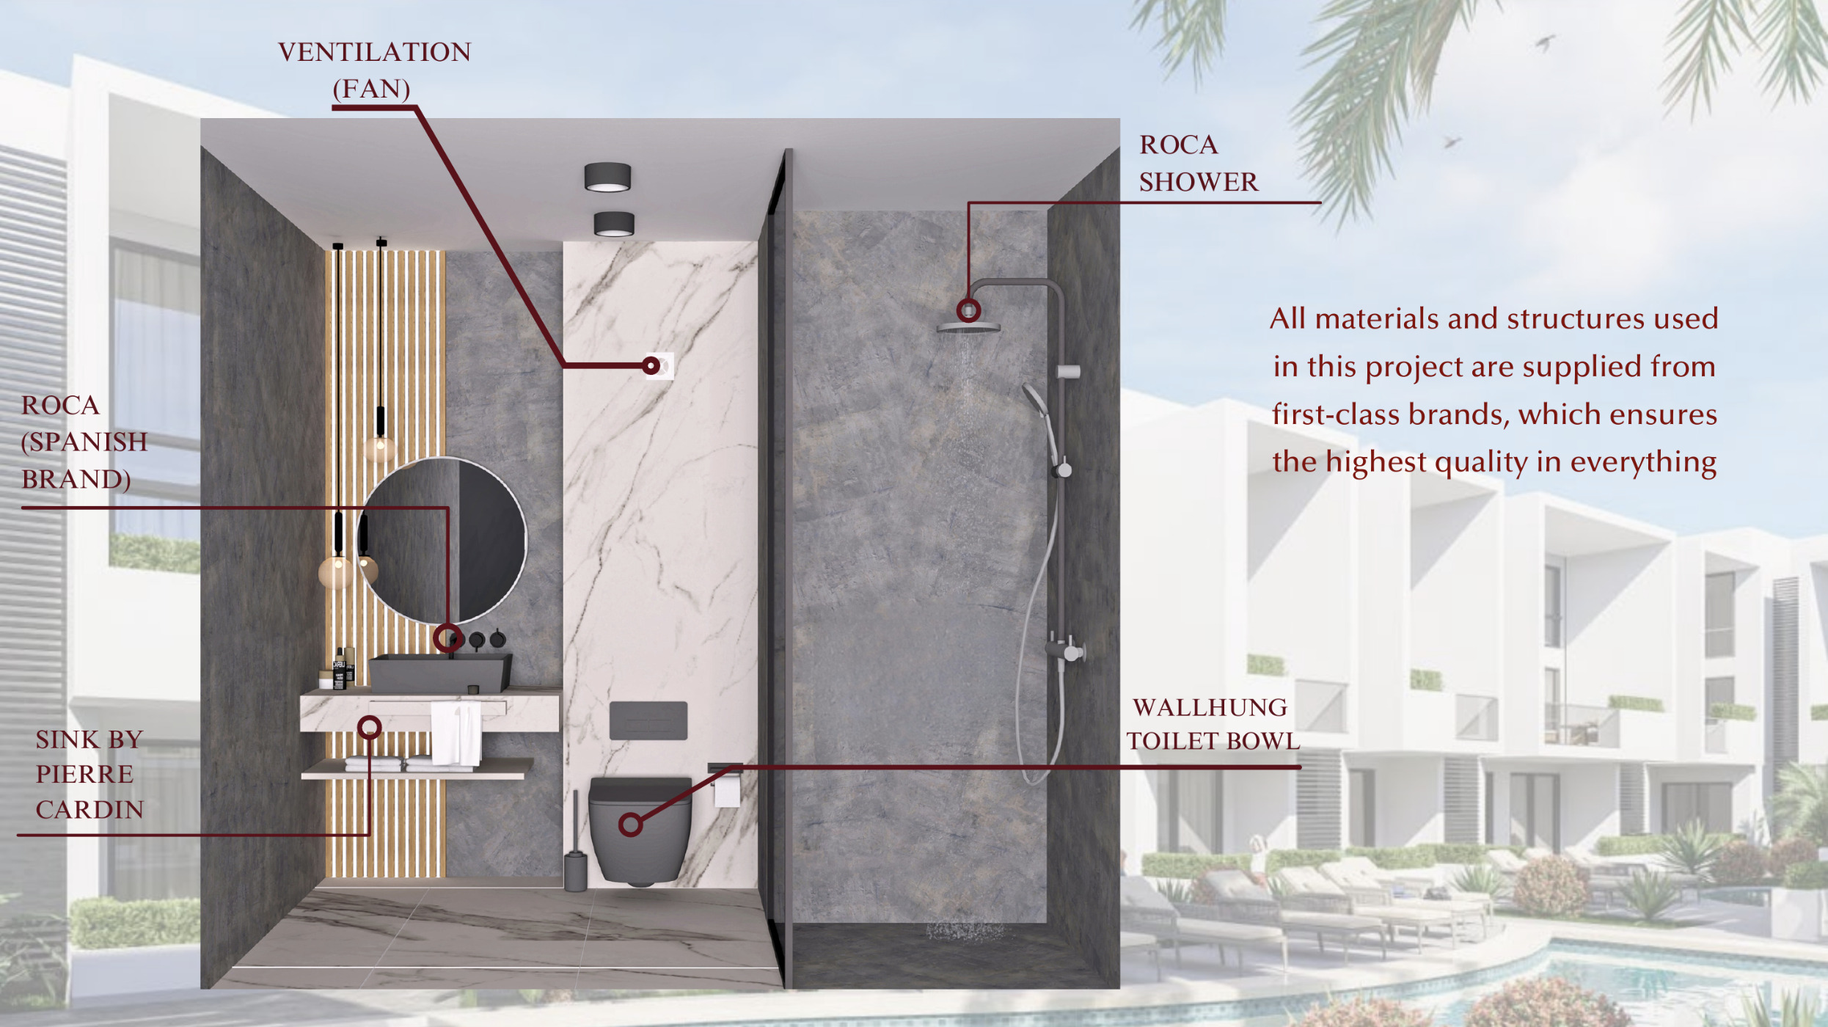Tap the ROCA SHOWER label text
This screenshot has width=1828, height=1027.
pyautogui.click(x=1198, y=163)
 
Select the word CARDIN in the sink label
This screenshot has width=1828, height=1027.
pyautogui.click(x=89, y=809)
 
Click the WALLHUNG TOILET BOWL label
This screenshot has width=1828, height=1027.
pyautogui.click(x=1213, y=724)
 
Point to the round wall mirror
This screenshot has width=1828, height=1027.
pyautogui.click(x=442, y=541)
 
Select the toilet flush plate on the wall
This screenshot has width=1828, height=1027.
pyautogui.click(x=648, y=720)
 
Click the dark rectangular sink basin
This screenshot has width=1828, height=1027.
pyautogui.click(x=439, y=673)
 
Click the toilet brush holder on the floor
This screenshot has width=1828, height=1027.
pyautogui.click(x=576, y=869)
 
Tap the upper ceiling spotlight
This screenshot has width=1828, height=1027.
pyautogui.click(x=607, y=177)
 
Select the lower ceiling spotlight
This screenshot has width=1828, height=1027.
pyautogui.click(x=614, y=224)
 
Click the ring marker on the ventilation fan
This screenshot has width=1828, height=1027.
pyautogui.click(x=651, y=365)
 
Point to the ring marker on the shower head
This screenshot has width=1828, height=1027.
pyautogui.click(x=968, y=310)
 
